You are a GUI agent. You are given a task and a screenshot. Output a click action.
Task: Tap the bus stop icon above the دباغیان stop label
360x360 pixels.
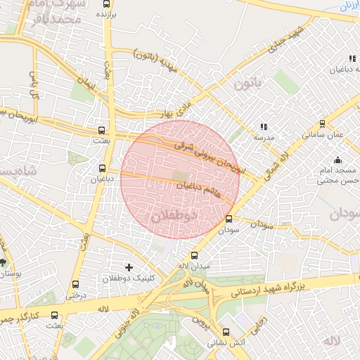click(x=103, y=168)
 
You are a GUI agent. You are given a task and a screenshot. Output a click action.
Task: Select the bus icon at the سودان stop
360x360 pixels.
click(x=229, y=219)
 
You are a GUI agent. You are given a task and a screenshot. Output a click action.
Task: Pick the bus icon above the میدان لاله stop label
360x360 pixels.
click(x=195, y=256)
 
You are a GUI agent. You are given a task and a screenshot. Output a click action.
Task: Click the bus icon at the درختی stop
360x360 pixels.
click(x=75, y=285)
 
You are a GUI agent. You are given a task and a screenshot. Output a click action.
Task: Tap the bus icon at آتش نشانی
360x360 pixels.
click(x=226, y=333)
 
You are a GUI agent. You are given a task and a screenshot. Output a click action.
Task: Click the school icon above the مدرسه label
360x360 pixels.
click(x=264, y=127)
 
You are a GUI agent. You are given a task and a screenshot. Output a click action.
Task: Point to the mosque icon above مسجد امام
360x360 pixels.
click(x=338, y=160)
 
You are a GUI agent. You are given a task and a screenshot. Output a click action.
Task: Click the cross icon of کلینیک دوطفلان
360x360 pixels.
click(x=128, y=267)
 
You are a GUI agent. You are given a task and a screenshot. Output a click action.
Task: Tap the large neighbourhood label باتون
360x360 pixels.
click(x=247, y=84)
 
